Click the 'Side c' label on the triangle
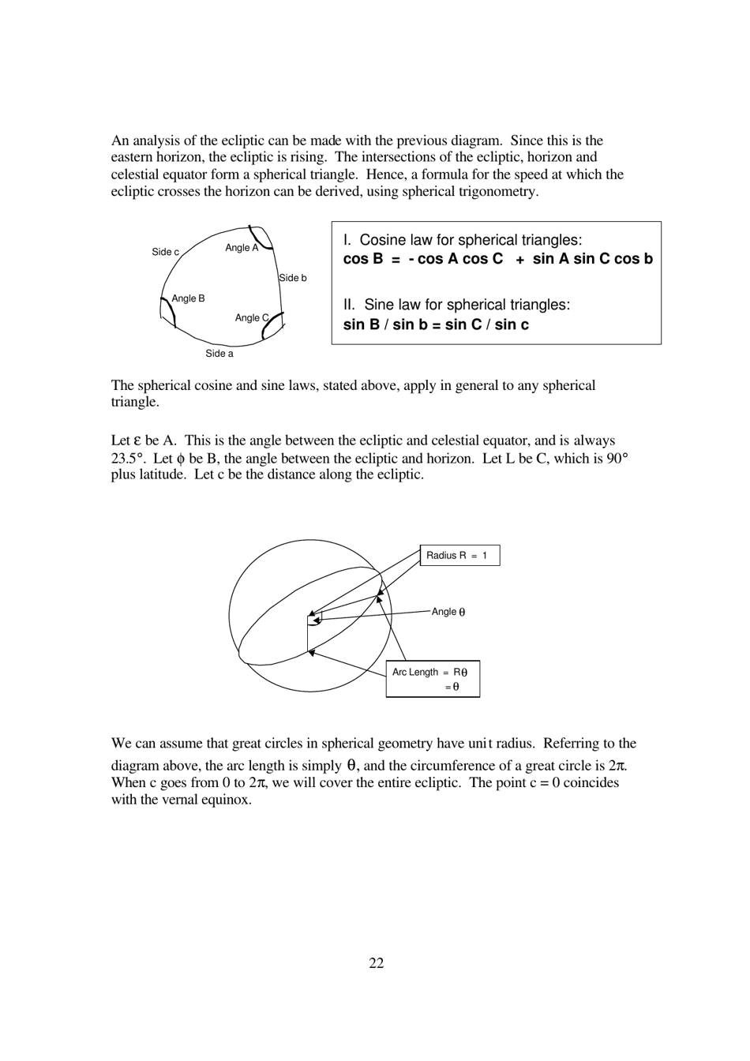coord(165,252)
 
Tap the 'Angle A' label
coord(241,248)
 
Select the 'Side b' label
coord(293,278)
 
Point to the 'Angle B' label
coord(188,298)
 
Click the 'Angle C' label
coord(251,317)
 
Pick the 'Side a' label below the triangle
coord(219,354)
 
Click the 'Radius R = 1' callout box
coord(459,556)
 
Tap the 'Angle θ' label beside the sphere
coord(448,612)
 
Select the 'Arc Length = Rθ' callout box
coord(433,679)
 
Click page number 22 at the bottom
coord(376,962)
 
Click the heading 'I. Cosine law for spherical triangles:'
coord(463,240)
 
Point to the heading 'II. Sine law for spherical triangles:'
coord(456,305)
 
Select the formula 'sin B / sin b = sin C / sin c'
coord(436,324)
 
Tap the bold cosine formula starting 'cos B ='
coord(497,259)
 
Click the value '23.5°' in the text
coord(128,458)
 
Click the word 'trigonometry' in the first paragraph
coord(499,192)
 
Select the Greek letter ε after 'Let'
coord(137,441)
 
